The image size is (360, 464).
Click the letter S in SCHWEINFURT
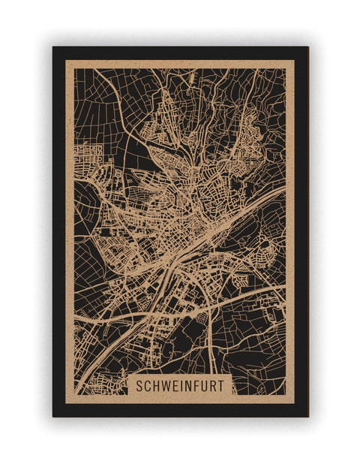pos(139,385)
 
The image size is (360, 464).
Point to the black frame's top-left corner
pos(53,47)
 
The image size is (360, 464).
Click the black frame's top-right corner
pos(307,47)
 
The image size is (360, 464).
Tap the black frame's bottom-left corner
pos(53,416)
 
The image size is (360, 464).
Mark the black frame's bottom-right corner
pos(307,416)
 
